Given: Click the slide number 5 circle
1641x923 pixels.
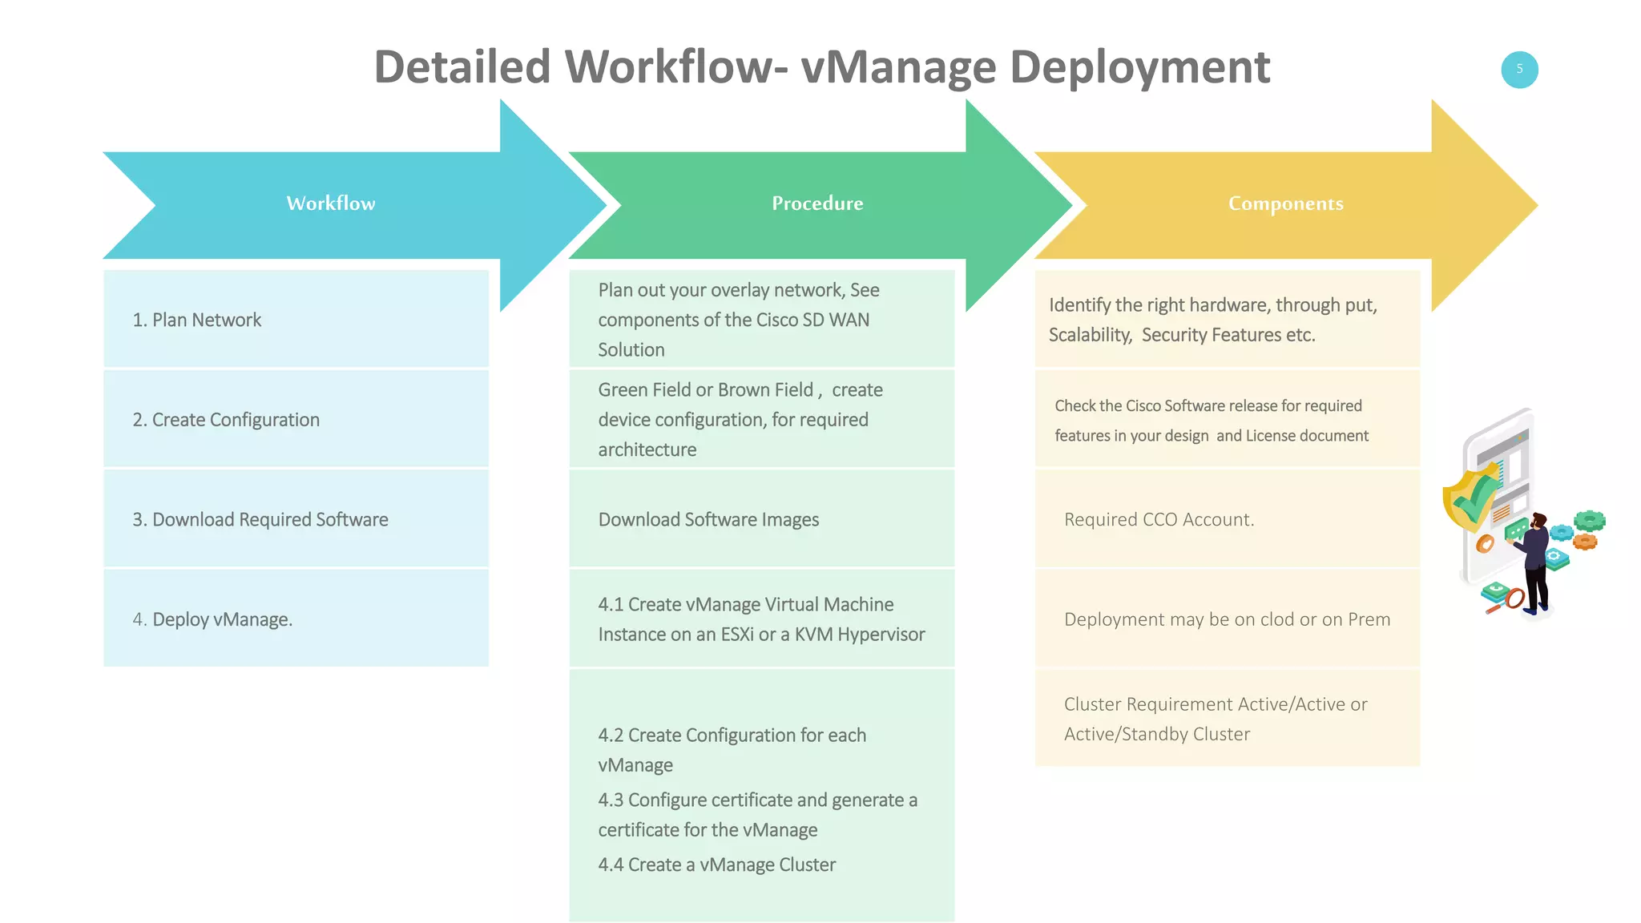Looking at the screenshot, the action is point(1518,70).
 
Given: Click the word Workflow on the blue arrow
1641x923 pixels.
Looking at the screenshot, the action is point(331,204).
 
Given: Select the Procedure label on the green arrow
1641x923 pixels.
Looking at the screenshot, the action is point(817,204).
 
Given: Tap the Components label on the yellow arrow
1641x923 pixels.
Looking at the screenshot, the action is point(1285,204).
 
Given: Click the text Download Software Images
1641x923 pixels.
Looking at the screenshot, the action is point(708,519).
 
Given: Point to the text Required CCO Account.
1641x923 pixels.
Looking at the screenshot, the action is point(1159,519).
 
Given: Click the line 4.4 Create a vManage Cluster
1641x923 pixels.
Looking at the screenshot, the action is point(716,865).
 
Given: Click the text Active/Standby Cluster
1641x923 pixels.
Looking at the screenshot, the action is point(1156,734).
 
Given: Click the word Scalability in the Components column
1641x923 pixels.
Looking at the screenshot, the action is point(1090,335).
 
